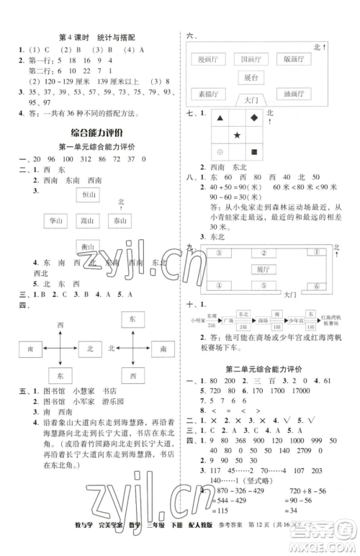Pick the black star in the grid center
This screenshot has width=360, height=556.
coord(237,135)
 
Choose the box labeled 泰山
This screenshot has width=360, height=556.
coord(120,221)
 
